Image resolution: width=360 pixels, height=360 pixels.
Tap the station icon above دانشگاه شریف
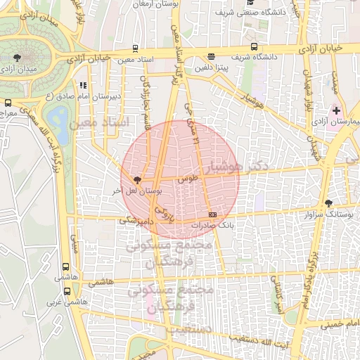click(255, 47)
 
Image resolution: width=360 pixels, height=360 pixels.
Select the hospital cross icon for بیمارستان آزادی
click(336, 110)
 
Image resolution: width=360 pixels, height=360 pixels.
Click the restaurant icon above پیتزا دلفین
click(212, 57)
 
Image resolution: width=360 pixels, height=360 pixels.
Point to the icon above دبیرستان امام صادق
click(83, 86)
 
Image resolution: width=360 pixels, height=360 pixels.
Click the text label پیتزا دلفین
click(212, 67)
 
